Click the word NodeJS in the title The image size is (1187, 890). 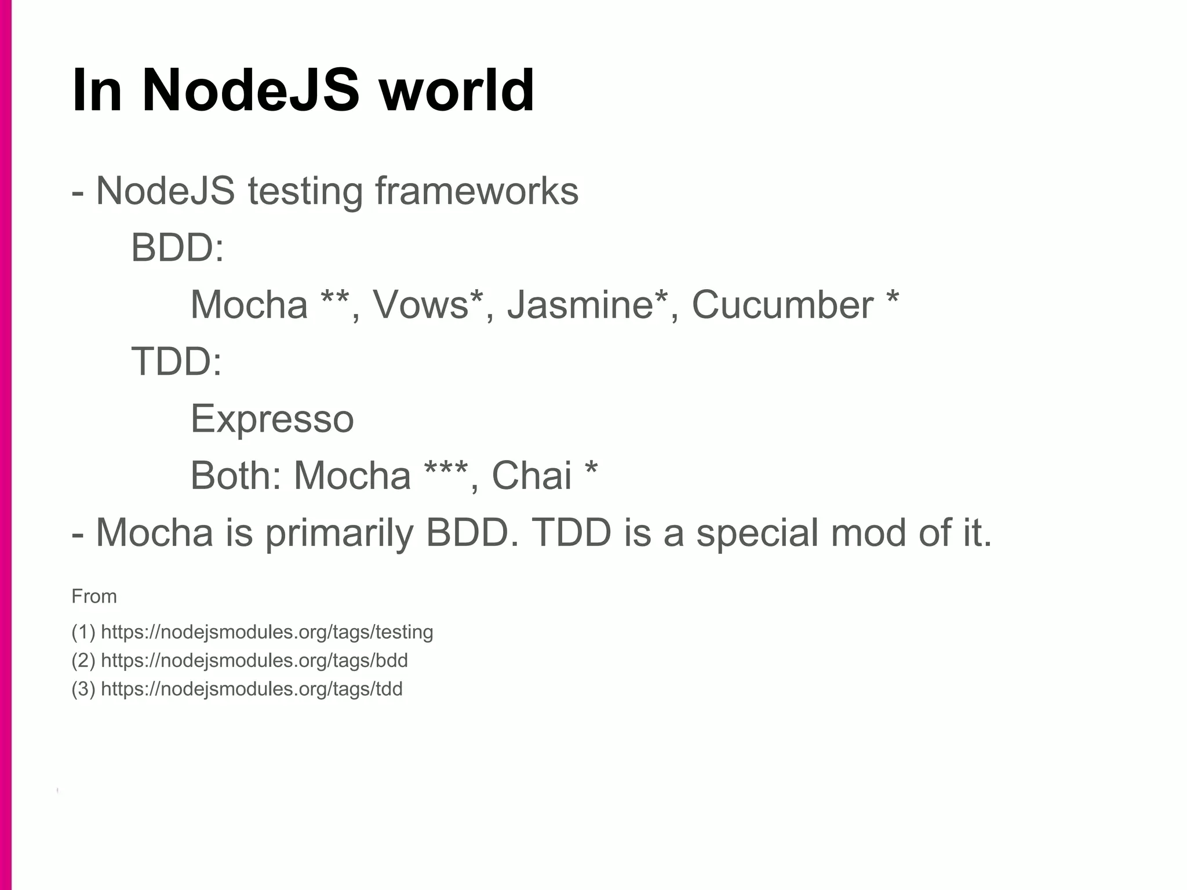coord(251,91)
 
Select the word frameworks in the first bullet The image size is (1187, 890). coord(476,191)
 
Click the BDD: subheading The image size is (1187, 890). coord(177,247)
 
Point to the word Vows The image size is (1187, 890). coord(420,305)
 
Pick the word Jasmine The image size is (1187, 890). coord(580,305)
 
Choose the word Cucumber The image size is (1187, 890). coord(782,305)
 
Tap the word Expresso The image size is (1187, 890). coord(272,419)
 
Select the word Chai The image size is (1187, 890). coord(531,476)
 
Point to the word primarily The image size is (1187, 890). coord(339,532)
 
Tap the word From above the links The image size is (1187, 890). coord(94,596)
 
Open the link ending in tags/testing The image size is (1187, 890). coord(267,632)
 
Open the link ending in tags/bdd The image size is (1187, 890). coord(254,661)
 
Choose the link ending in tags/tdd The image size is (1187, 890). coord(252,689)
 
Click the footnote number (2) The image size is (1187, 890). coord(83,661)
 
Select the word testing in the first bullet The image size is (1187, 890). coord(305,191)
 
